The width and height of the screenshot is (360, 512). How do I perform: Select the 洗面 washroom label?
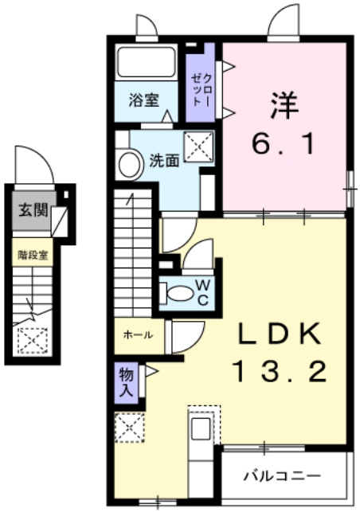[x=163, y=159]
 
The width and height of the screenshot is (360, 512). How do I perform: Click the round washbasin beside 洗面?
[x=127, y=166]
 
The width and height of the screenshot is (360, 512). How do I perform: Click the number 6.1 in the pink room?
[x=284, y=144]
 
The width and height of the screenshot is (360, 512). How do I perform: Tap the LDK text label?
[x=280, y=334]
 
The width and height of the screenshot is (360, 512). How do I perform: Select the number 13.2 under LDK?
[x=280, y=370]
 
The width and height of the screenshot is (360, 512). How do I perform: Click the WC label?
[x=203, y=291]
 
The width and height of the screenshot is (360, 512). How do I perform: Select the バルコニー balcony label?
[x=283, y=475]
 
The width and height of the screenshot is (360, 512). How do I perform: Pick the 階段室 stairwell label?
[x=33, y=255]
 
